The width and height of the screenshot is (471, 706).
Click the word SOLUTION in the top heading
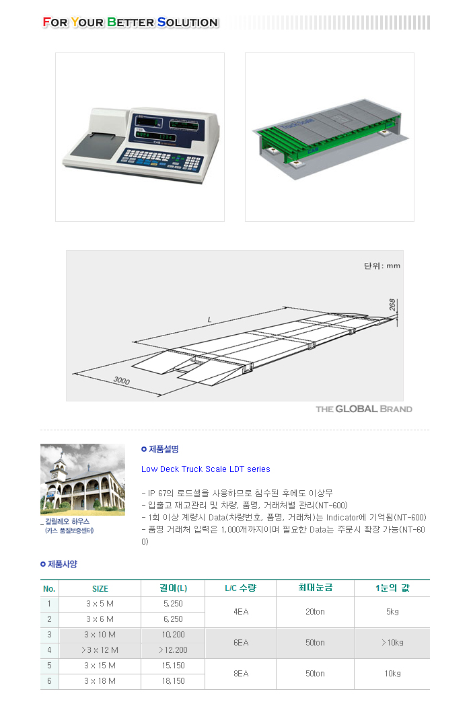tap(188, 22)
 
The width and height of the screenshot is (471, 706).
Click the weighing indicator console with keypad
tap(141, 145)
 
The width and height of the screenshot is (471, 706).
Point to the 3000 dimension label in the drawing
tap(122, 381)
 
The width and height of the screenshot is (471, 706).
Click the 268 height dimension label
tap(392, 305)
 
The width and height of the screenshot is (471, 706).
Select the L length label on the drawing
tap(209, 319)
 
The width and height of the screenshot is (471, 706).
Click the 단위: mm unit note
tap(382, 266)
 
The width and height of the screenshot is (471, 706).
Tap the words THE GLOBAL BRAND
tap(364, 409)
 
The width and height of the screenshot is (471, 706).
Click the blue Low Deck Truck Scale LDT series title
tap(205, 469)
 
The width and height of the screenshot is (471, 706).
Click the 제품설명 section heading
tap(160, 449)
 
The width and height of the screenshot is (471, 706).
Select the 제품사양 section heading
tap(59, 563)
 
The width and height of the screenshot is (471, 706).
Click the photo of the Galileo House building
tap(83, 479)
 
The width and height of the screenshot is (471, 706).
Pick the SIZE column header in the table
tap(100, 588)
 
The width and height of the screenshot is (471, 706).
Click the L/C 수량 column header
tap(241, 588)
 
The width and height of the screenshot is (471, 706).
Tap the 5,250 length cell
tap(173, 604)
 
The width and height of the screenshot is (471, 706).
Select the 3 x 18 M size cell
tap(100, 681)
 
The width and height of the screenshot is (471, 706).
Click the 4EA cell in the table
tap(241, 612)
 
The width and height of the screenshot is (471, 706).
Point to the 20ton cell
tap(315, 612)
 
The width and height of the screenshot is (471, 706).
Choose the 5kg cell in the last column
tap(392, 612)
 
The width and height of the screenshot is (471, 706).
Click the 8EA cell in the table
tap(241, 674)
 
